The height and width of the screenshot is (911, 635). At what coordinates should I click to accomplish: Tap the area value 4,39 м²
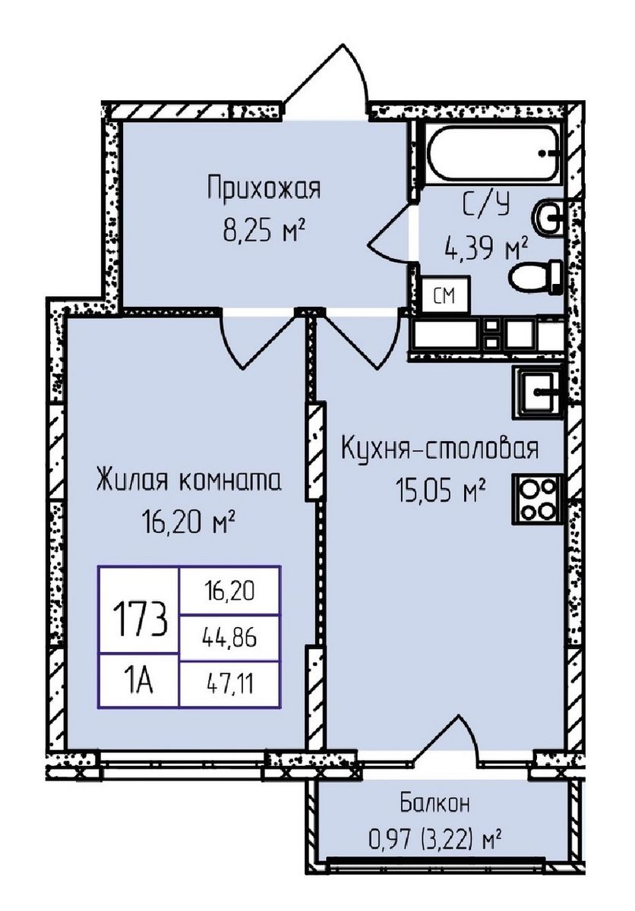tap(486, 248)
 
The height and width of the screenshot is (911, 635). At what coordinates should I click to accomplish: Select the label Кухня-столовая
tap(440, 449)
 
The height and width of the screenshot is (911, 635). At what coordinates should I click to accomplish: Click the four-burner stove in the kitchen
tap(539, 499)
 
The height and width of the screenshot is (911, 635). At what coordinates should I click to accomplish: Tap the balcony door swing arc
tap(448, 733)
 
